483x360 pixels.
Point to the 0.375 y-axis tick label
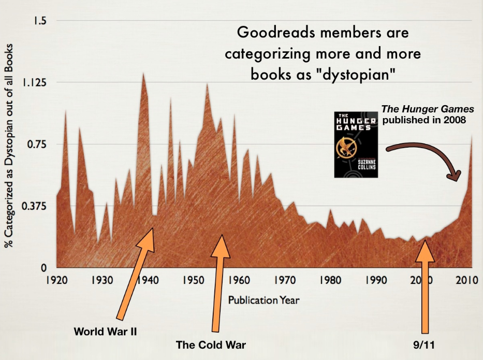coord(35,206)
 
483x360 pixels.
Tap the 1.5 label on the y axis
coord(40,21)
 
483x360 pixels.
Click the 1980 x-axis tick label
coord(330,281)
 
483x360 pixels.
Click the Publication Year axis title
coord(264,299)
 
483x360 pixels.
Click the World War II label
coord(105,331)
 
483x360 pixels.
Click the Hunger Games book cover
coord(355,143)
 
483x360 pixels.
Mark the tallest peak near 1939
coord(143,74)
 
